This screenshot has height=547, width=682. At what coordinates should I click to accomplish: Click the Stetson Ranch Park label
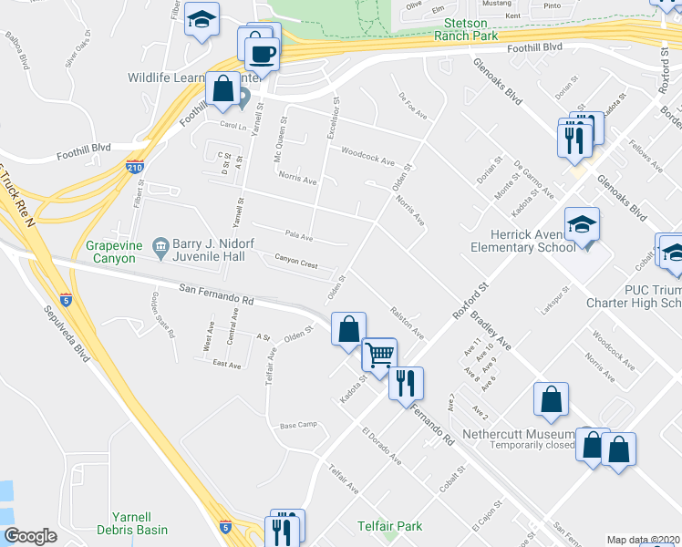pyautogui.click(x=470, y=29)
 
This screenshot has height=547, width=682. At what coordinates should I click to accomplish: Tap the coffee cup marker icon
pyautogui.click(x=263, y=53)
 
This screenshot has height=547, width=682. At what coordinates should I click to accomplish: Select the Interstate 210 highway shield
pyautogui.click(x=133, y=167)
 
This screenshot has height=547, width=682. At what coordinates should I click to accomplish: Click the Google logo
pyautogui.click(x=30, y=535)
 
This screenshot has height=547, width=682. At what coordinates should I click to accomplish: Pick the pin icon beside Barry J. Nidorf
pyautogui.click(x=160, y=243)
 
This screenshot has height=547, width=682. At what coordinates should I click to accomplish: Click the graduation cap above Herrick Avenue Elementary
pyautogui.click(x=582, y=222)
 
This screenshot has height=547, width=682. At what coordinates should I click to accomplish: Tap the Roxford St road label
pyautogui.click(x=471, y=300)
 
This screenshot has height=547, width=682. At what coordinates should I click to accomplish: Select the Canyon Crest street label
pyautogui.click(x=295, y=263)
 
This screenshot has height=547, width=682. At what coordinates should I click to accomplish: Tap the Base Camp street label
pyautogui.click(x=297, y=426)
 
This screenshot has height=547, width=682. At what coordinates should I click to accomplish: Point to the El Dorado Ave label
pyautogui.click(x=381, y=446)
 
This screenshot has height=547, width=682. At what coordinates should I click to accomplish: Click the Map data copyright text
pyautogui.click(x=643, y=540)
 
